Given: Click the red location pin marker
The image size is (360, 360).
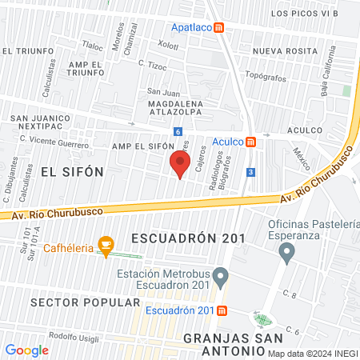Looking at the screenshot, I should (179, 164).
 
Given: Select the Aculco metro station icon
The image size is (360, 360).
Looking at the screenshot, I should (250, 142).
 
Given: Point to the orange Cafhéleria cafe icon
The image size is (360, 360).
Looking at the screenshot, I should (104, 244).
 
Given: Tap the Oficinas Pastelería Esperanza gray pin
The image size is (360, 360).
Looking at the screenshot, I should (286, 254).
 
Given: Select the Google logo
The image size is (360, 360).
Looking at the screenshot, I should (26, 350).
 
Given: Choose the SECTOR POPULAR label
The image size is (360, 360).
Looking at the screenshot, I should (74, 302).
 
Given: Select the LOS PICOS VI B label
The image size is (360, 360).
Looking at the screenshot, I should (304, 14).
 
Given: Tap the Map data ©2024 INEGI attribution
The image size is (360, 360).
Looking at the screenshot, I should (312, 353).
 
